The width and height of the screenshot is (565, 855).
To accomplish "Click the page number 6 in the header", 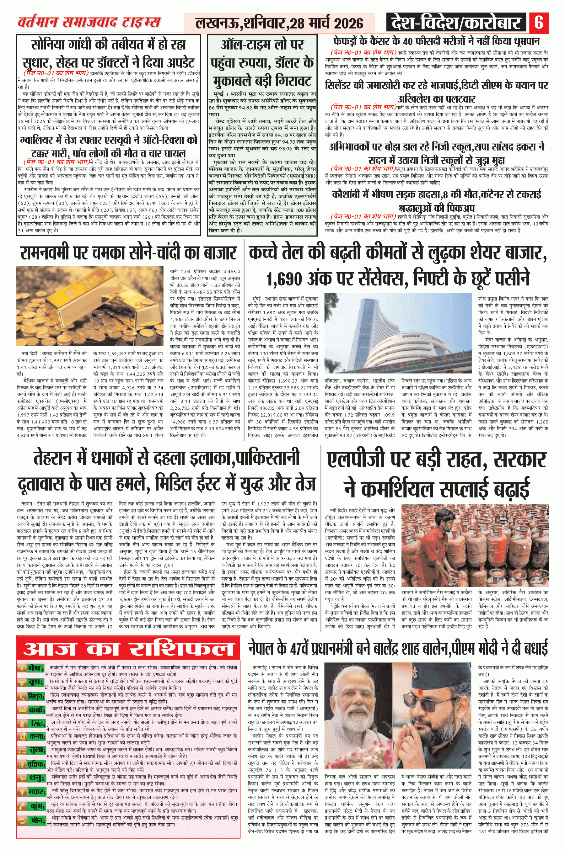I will click(539, 23).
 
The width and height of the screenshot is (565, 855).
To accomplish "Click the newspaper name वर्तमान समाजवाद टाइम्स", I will click(89, 23).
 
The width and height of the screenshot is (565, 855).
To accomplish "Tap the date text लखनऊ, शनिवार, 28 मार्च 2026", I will click(279, 24).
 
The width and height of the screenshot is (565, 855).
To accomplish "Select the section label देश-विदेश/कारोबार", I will click(455, 23).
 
